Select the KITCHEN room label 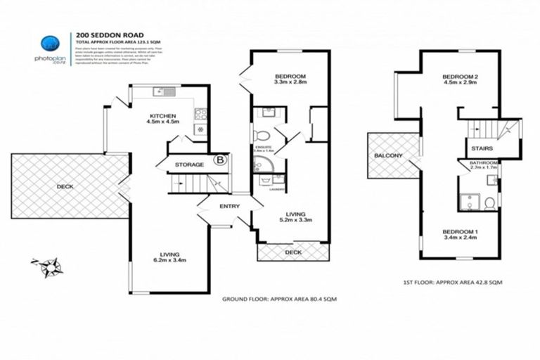click(162, 115)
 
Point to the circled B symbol click(220, 160)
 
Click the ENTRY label click(229, 206)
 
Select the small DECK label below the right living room click(292, 252)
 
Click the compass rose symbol click(49, 266)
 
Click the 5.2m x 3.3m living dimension click(296, 220)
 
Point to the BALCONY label click(387, 155)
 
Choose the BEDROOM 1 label click(460, 231)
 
